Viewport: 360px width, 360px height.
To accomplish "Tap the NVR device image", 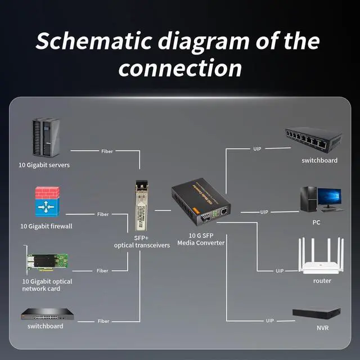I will click(317, 313).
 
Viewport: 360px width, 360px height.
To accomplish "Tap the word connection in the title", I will click(180, 68).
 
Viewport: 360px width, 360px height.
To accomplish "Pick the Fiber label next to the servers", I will click(107, 151).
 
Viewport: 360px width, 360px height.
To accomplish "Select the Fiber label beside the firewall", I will click(103, 214).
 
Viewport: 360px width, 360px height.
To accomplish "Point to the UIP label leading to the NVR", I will click(270, 321).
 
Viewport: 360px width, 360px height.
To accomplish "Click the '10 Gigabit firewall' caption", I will click(47, 226).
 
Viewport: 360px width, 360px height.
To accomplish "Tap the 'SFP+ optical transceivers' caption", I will click(141, 241).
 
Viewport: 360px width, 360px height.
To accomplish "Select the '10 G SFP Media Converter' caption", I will click(201, 239).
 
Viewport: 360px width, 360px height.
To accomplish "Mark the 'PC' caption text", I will click(316, 222).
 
